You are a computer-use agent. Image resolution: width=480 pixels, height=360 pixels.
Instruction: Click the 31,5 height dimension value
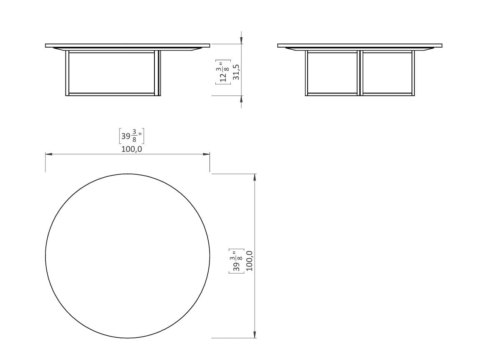(236, 72)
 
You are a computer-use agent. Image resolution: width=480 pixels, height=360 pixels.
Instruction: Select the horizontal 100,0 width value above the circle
(131, 149)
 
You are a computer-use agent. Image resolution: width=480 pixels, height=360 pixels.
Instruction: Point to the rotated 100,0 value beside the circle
(250, 261)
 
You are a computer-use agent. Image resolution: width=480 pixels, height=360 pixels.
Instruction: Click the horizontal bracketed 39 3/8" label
(131, 136)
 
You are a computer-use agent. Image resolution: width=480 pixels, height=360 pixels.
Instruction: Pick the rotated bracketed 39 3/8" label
(237, 261)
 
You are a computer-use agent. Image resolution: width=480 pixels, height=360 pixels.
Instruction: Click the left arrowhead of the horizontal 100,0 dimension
(48, 154)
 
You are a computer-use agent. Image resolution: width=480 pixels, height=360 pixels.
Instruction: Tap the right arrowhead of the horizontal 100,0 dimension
(207, 154)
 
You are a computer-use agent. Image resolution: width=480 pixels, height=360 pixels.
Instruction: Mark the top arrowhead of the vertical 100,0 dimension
(255, 177)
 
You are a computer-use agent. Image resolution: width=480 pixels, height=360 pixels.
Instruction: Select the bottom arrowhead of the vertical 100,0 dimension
(255, 335)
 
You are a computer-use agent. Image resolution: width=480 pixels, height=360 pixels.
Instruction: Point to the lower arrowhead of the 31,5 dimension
(241, 99)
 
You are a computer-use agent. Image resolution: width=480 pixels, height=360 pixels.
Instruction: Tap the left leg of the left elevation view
(67, 73)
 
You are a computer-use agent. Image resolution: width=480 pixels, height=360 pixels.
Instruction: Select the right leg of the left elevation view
(157, 73)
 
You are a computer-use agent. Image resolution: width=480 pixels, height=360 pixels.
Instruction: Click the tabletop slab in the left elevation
(127, 45)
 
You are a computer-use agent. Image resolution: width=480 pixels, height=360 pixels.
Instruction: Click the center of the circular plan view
(127, 256)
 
